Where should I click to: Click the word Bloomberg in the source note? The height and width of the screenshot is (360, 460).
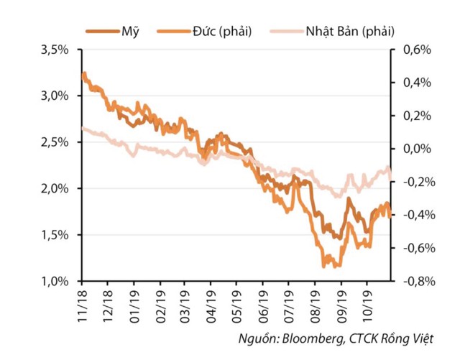click(x=313, y=338)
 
